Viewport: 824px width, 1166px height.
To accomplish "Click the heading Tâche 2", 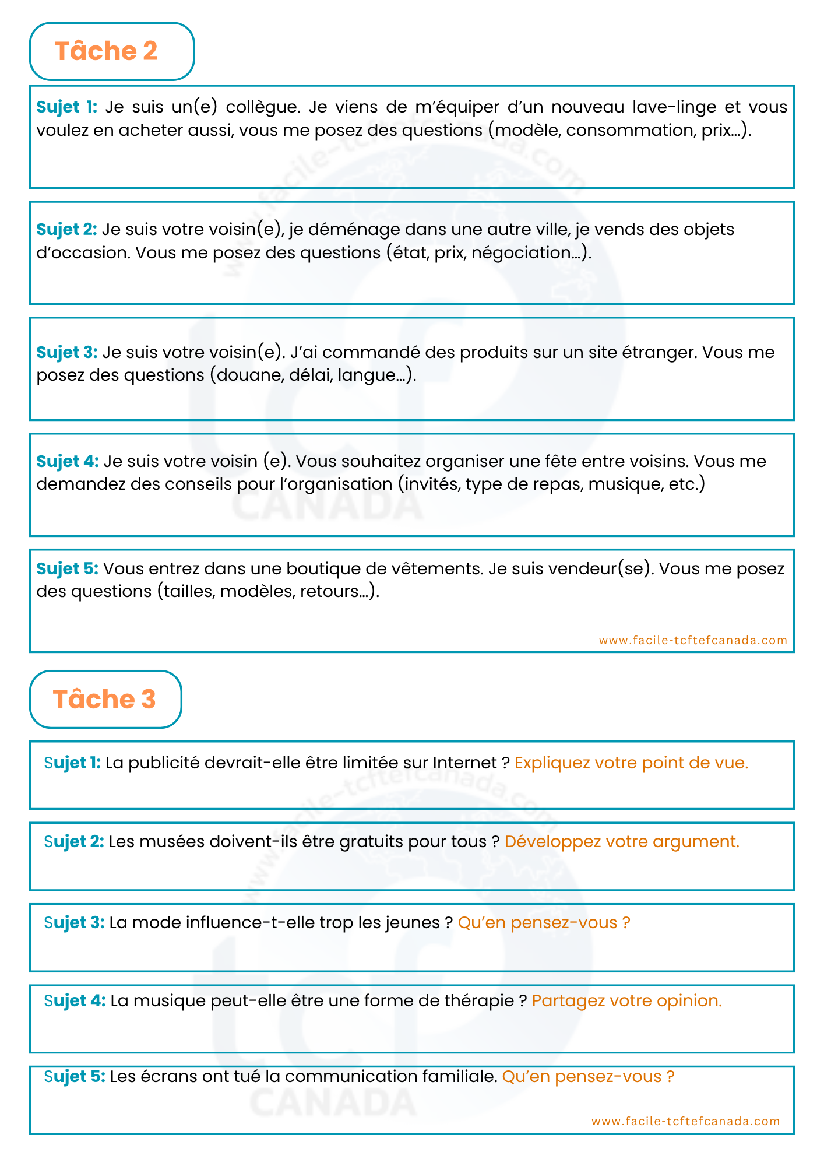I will (x=106, y=51).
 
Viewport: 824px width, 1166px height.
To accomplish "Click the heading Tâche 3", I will (x=105, y=699).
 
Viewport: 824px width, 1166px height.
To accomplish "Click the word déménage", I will (x=353, y=230).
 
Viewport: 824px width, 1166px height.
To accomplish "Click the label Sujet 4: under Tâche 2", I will (x=68, y=461).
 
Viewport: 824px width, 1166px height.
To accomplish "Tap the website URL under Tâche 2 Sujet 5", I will (x=693, y=640).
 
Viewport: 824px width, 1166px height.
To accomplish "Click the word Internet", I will (x=464, y=763).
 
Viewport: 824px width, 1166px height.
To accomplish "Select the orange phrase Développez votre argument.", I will (x=622, y=841).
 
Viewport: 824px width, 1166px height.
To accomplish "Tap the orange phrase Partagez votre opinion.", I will (x=627, y=1000).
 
